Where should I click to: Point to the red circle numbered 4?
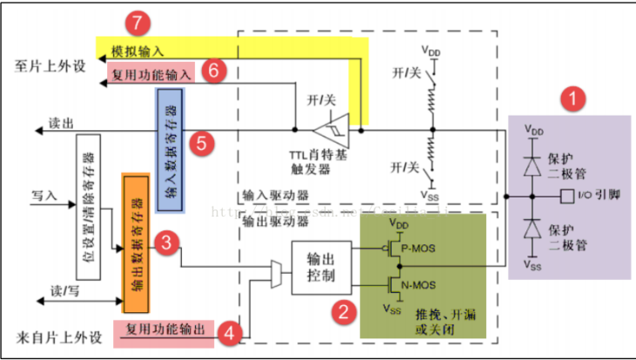click(x=229, y=331)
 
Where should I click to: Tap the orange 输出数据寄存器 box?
click(x=137, y=243)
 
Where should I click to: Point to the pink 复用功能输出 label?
click(x=163, y=330)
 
